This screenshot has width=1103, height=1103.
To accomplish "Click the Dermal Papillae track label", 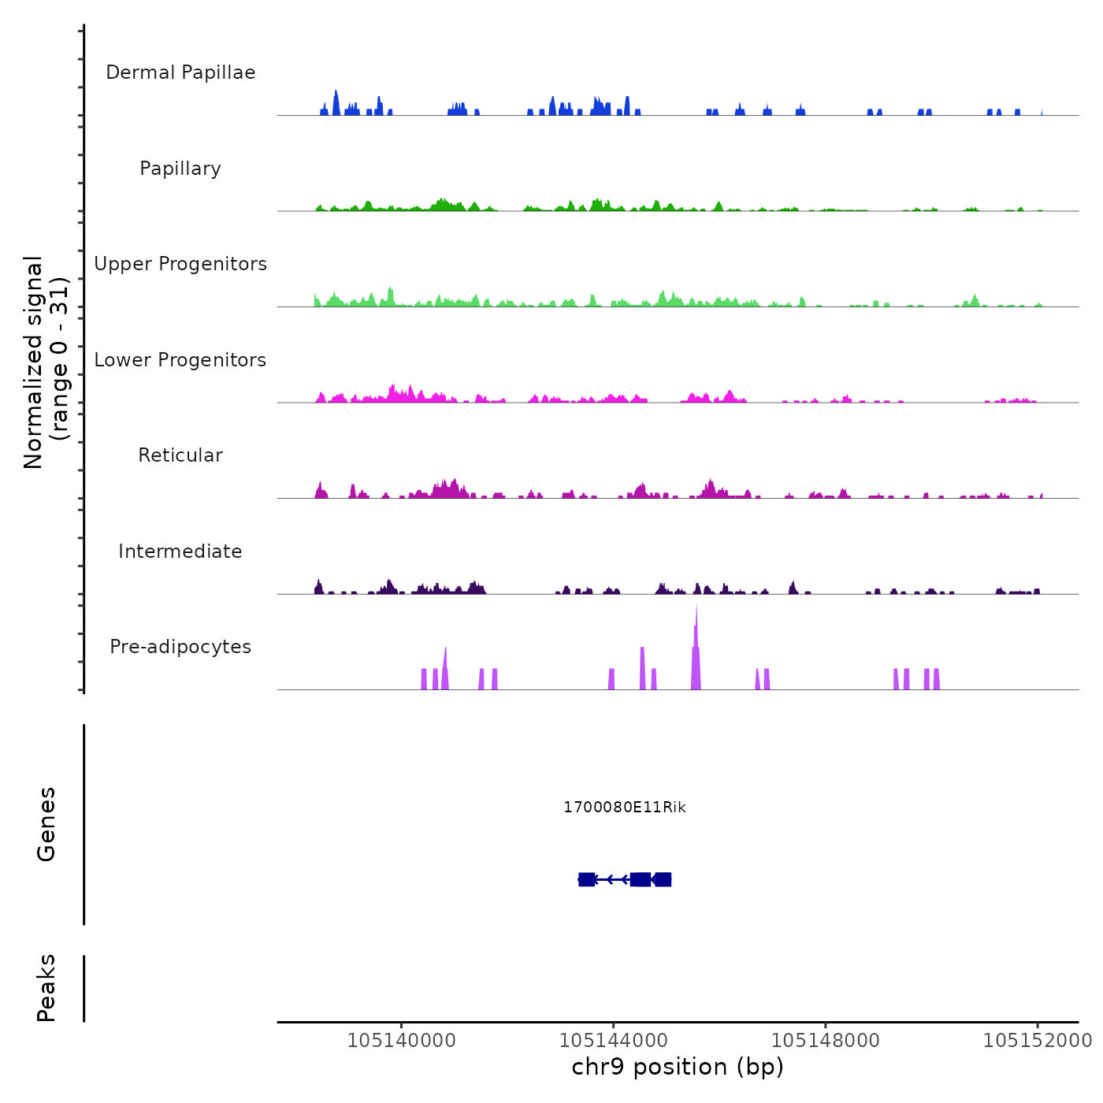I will coord(180,72).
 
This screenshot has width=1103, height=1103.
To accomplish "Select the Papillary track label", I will coord(180,169).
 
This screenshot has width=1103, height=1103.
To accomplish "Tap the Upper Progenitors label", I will coord(180,264).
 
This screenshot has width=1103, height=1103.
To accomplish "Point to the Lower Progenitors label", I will coord(180,360).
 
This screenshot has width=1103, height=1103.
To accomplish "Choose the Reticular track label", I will coord(180,455).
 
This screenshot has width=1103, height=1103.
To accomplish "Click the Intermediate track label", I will coord(180,551).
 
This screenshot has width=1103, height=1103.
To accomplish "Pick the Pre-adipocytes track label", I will coord(180,647).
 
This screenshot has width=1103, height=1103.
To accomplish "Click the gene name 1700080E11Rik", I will coord(625,808).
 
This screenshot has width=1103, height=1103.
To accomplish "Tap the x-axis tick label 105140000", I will coord(401,1041).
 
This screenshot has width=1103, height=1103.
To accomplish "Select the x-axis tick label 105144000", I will coord(613,1041).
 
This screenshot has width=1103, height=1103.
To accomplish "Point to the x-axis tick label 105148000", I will coord(825,1041).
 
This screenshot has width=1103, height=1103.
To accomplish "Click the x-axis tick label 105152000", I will coord(1037,1041).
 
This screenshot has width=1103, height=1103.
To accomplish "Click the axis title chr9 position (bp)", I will coord(678,1067).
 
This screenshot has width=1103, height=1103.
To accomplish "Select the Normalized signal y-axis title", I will coord(46,362).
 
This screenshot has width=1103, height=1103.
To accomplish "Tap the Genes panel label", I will coord(46,824).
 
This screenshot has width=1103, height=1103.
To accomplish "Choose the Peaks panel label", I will coord(46,988).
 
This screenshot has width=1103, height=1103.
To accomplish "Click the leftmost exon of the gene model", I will coord(586,879).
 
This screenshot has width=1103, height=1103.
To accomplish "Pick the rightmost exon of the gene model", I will coord(663,879).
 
